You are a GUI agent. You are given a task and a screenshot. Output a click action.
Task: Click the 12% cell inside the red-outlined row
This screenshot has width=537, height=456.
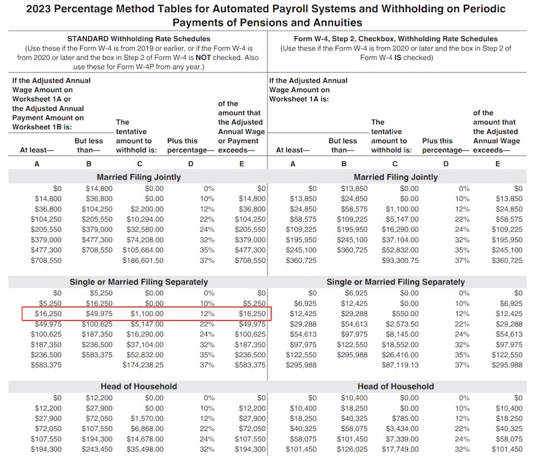(208, 313)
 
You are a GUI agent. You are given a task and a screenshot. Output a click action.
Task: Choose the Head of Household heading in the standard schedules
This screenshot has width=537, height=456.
(138, 386)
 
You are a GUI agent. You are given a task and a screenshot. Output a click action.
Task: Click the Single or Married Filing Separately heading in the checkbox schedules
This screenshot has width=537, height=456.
(395, 282)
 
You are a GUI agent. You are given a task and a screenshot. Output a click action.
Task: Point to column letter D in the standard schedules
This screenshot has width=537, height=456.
(190, 163)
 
